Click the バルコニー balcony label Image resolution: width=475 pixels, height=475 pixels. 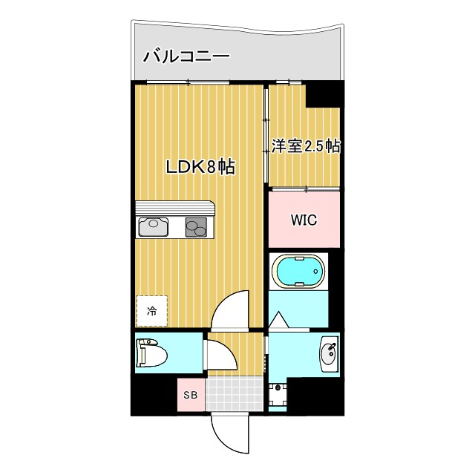186,55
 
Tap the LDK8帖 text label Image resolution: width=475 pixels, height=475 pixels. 200,167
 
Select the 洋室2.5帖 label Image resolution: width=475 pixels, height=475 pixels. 305,145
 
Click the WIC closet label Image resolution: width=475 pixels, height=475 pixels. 304,220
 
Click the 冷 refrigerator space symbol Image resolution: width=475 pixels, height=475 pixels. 152,311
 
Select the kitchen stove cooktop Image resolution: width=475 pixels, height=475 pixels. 197,226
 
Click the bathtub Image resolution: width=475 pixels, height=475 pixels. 299,272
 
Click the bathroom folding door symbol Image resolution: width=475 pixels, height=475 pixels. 281,320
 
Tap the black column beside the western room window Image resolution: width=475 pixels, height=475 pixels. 324,94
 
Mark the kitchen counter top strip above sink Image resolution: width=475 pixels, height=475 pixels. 174,207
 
